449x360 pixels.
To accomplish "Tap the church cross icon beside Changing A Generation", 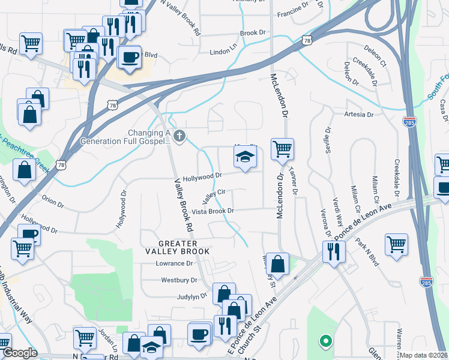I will [x=178, y=137].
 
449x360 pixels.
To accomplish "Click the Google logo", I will [x=19, y=353].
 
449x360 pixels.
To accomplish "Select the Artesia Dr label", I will [x=359, y=114].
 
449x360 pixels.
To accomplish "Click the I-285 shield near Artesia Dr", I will [x=410, y=121].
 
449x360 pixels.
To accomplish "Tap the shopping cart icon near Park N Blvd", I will [x=396, y=244].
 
